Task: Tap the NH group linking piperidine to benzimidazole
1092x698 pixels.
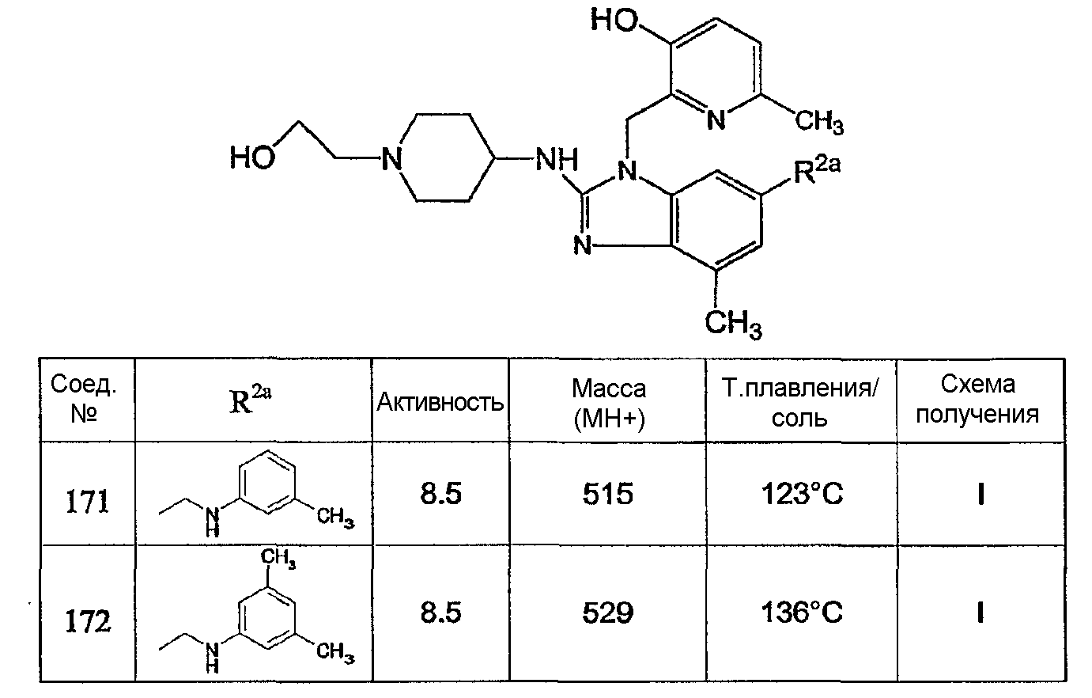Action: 557,159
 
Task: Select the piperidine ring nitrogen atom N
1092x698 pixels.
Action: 391,158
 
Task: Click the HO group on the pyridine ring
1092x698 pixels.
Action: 614,21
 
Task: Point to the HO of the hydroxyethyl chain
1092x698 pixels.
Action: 252,157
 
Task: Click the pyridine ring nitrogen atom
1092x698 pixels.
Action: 716,119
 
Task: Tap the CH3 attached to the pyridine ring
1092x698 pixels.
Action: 819,121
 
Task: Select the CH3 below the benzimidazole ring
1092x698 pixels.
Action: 733,324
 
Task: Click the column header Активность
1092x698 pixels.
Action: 440,402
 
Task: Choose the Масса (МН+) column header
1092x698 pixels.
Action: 608,403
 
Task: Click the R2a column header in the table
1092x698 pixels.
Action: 250,398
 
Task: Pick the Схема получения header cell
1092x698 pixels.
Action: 978,399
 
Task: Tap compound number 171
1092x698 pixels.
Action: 87,502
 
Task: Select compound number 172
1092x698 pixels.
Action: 88,621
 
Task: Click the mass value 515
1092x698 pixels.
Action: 608,494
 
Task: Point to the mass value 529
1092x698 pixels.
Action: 608,613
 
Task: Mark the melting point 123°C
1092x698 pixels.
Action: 802,494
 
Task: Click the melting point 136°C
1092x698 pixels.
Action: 802,613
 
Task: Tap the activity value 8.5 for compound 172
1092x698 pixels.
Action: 440,613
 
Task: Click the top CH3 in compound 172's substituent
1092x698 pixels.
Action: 278,557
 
